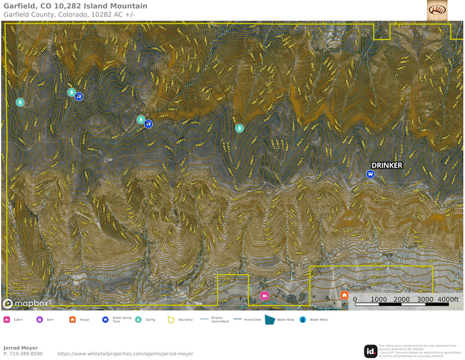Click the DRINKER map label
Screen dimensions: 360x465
coord(387,165)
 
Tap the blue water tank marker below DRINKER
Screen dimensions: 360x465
coord(371,174)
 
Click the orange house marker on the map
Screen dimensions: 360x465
coord(344,295)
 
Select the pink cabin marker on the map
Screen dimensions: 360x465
coord(264,296)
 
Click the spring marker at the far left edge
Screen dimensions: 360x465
coord(20,102)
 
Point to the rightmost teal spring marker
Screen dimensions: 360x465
coord(239,128)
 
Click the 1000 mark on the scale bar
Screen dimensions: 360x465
coord(379,300)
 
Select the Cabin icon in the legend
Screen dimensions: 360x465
coord(7,320)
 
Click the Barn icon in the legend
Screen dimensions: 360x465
coord(40,320)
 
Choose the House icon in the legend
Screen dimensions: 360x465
coord(73,320)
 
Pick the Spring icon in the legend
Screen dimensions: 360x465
coord(138,320)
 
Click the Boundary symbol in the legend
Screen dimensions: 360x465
coord(171,320)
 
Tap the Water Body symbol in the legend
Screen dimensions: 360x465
coord(270,320)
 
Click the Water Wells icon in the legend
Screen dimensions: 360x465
coord(303,320)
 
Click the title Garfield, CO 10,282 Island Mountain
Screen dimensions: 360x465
coord(75,6)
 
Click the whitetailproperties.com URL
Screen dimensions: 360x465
coord(125,354)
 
